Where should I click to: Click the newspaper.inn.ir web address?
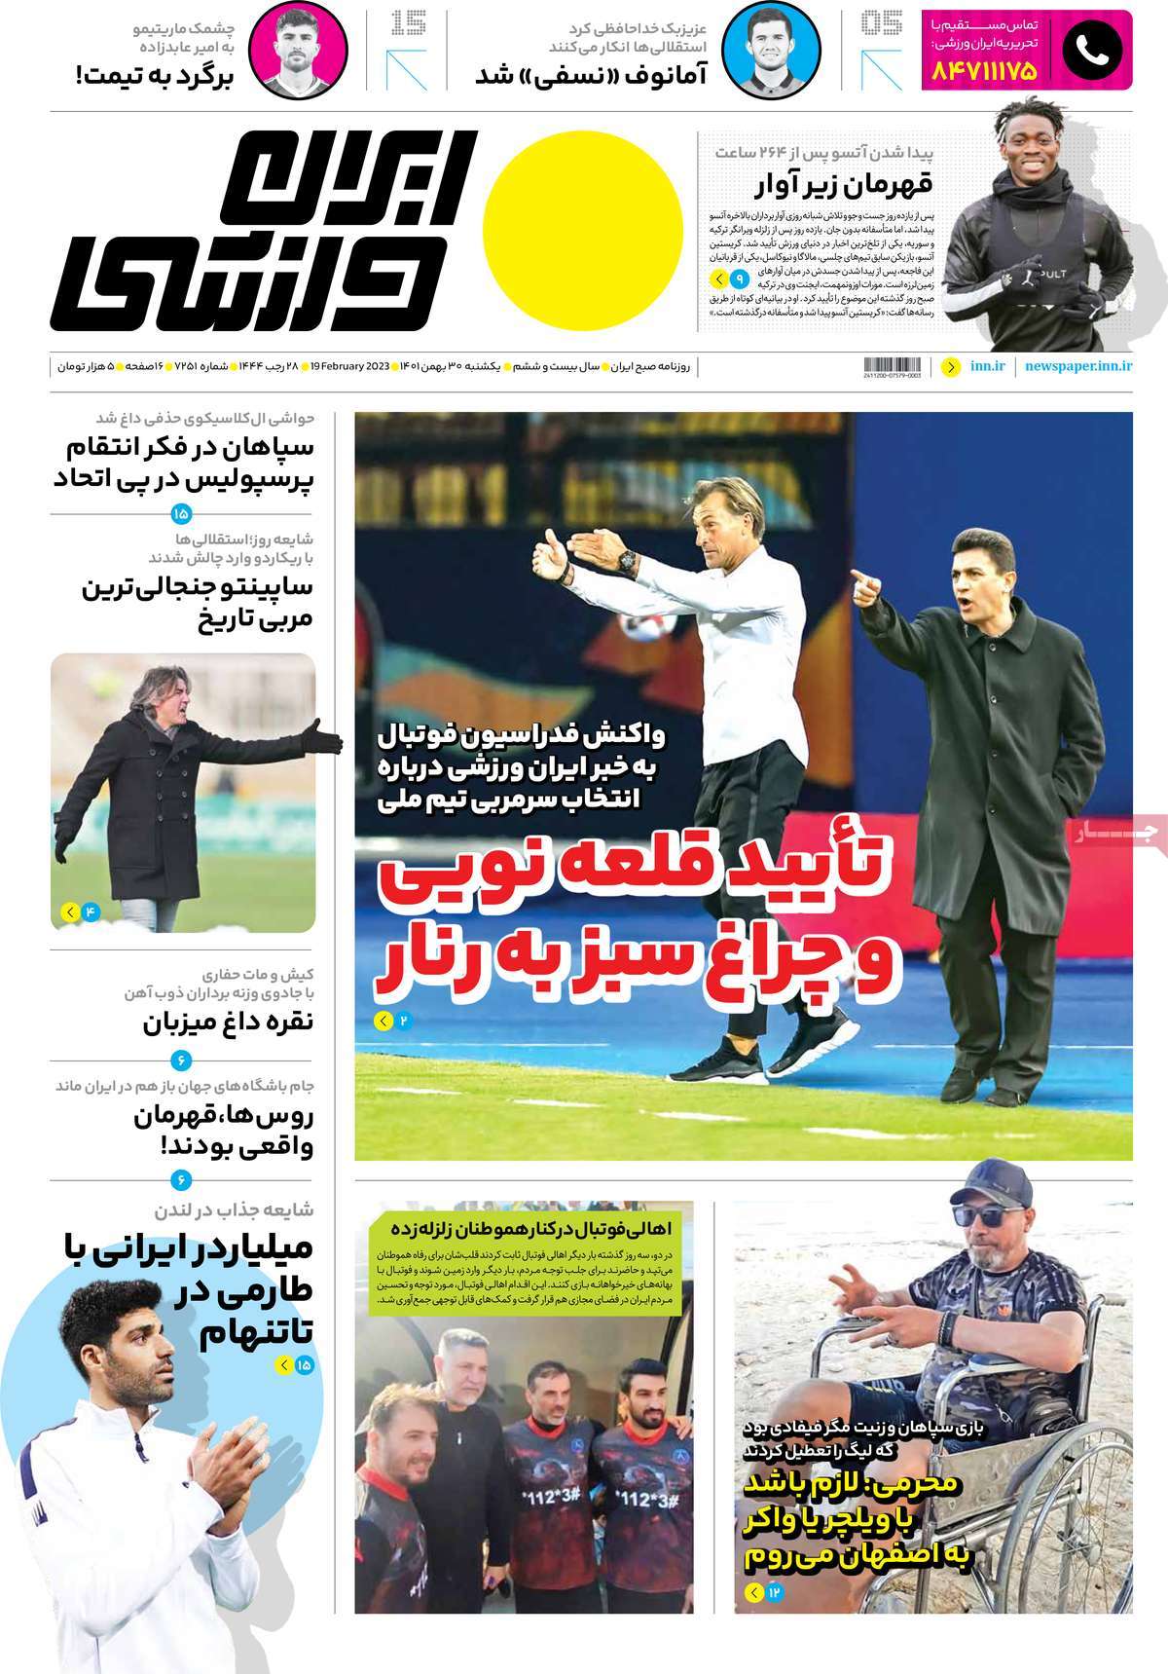[x=1078, y=367]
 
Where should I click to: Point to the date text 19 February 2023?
[x=350, y=367]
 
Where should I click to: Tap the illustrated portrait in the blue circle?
[x=772, y=50]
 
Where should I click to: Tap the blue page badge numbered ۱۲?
[x=775, y=1593]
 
